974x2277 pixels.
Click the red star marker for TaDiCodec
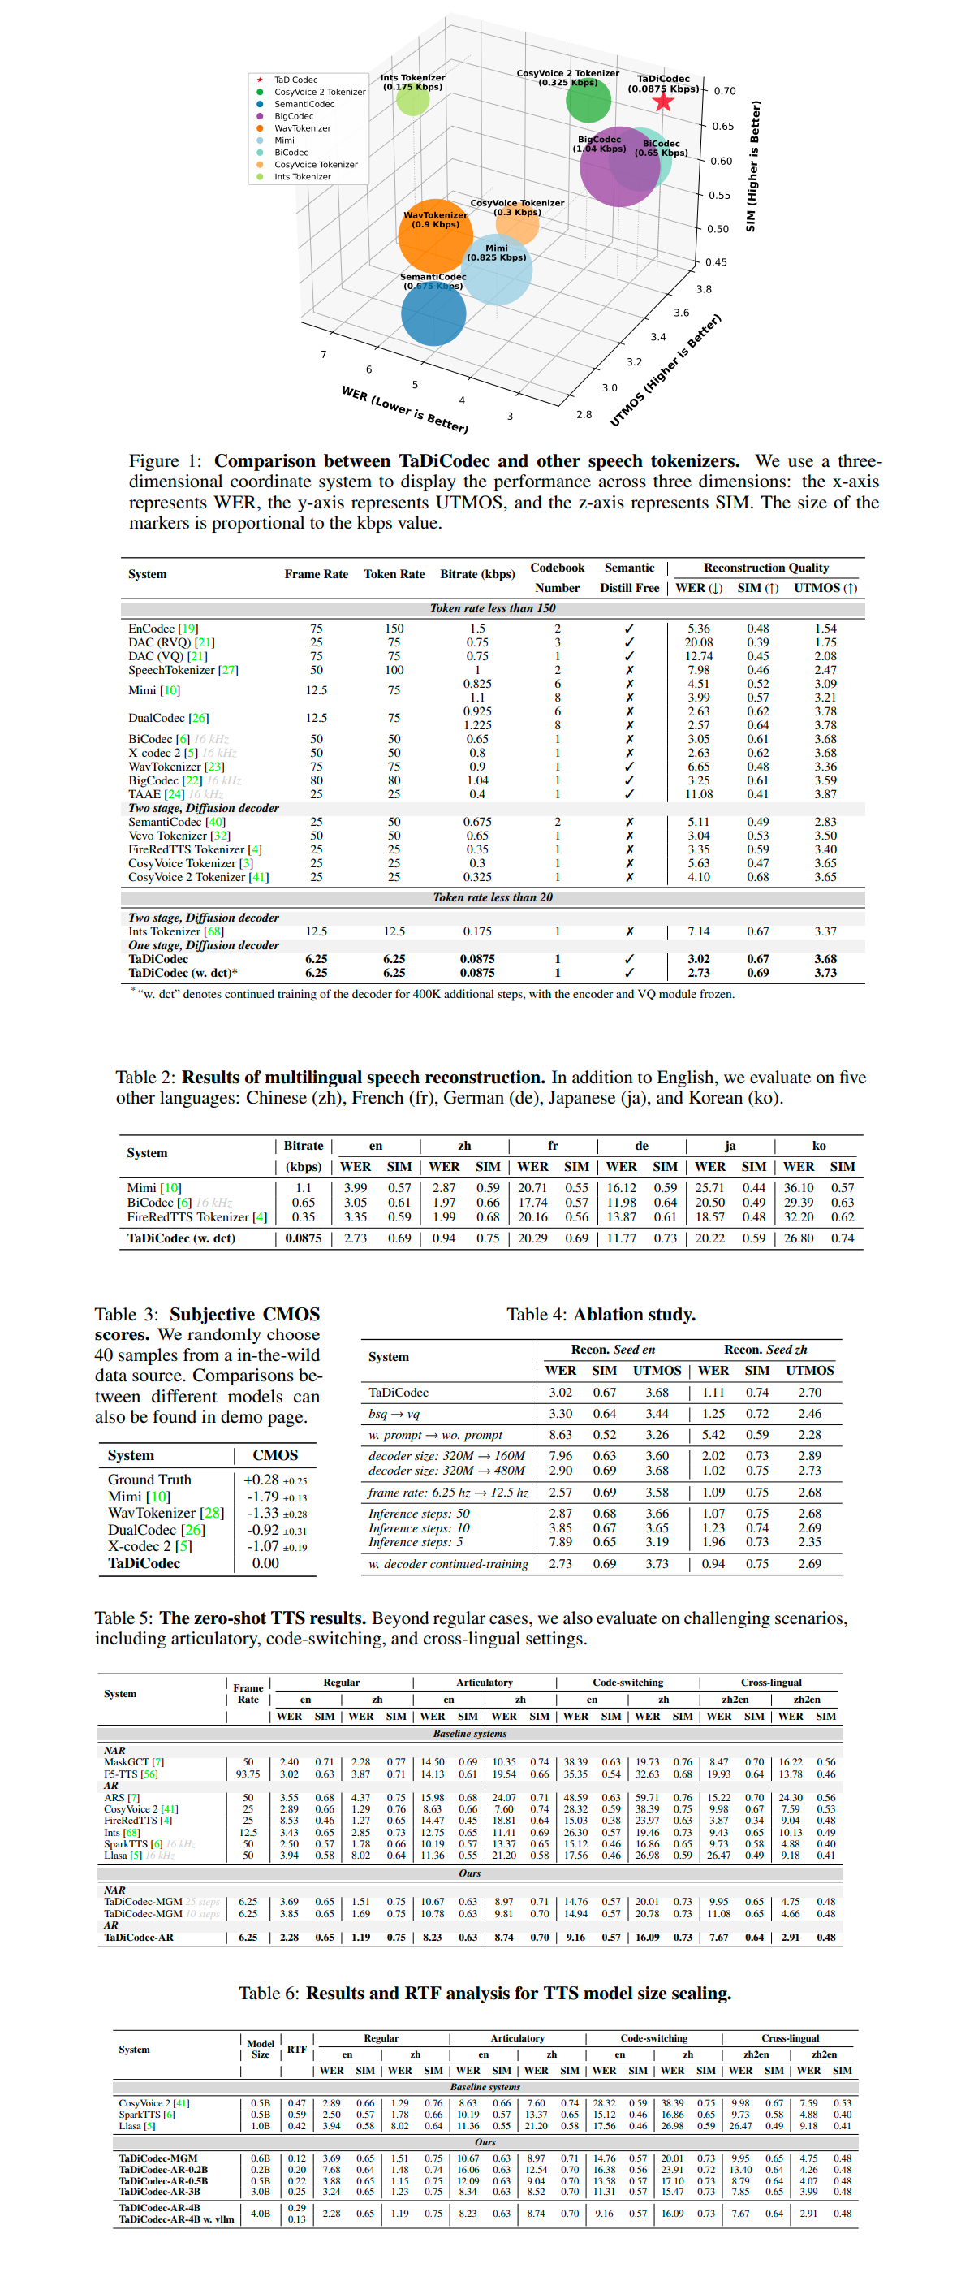click(x=663, y=102)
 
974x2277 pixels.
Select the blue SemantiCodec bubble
click(x=433, y=313)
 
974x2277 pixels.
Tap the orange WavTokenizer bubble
click(x=435, y=236)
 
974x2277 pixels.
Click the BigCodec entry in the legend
click(x=294, y=116)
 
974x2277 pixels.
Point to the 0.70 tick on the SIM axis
click(x=724, y=91)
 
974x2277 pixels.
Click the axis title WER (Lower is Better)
click(x=404, y=409)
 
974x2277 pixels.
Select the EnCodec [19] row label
click(x=163, y=629)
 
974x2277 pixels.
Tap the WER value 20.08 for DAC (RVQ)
click(x=698, y=642)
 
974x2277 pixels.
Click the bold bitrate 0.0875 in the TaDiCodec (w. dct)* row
click(x=476, y=973)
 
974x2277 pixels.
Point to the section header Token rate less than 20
click(x=493, y=897)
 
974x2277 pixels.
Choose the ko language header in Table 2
click(x=818, y=1146)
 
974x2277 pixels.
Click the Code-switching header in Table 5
click(x=627, y=1682)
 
